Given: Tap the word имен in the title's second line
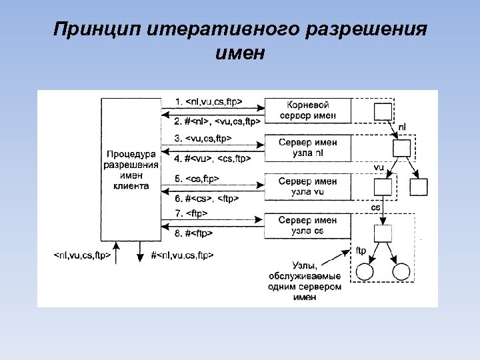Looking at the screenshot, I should tap(240, 53).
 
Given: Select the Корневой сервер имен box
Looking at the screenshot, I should tap(307, 111).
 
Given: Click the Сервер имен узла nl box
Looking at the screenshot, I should tap(307, 148).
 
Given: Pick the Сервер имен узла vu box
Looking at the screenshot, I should tap(307, 186).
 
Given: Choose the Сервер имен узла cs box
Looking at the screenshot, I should tap(307, 225).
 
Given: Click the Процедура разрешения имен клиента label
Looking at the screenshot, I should tap(131, 171).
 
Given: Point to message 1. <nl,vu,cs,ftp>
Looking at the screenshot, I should tap(208, 101).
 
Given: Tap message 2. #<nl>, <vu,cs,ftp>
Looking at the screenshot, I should tap(217, 121).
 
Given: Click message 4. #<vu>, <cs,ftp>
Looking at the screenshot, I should tap(212, 159).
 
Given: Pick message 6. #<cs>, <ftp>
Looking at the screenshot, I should tap(207, 198).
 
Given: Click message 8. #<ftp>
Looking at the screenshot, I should tap(194, 233).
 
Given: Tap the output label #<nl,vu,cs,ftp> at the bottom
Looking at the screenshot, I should tap(182, 255).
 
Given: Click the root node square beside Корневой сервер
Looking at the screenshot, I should tap(382, 111).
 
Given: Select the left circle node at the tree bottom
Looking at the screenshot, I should tap(364, 272).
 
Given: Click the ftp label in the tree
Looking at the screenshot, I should tap(361, 251).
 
